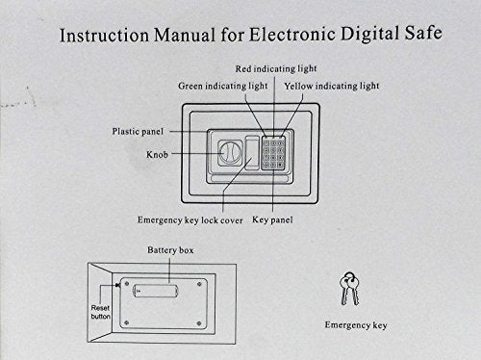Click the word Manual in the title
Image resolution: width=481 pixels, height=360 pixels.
click(x=184, y=35)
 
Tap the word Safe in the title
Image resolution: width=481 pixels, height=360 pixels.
click(x=423, y=33)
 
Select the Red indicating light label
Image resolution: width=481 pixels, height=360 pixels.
click(x=276, y=69)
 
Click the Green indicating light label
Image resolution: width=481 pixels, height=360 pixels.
click(x=223, y=86)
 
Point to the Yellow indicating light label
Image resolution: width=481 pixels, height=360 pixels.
click(x=332, y=86)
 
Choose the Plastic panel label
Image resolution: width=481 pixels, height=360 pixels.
click(x=138, y=132)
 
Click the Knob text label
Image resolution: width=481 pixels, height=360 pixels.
click(x=157, y=155)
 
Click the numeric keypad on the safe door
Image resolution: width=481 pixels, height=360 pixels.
click(x=273, y=153)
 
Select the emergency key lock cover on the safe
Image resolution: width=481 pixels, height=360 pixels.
click(x=252, y=152)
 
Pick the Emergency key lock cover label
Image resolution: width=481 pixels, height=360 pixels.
click(x=190, y=220)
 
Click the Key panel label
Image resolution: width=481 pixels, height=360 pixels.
click(x=272, y=220)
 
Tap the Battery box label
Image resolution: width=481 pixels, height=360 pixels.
click(x=170, y=250)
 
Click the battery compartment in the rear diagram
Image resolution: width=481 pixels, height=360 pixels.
click(x=155, y=291)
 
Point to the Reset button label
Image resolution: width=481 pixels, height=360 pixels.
click(x=100, y=312)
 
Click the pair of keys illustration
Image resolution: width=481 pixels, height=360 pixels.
click(x=349, y=289)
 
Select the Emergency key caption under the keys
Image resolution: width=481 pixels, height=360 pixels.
click(x=356, y=325)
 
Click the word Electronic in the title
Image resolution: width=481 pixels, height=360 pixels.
click(x=292, y=34)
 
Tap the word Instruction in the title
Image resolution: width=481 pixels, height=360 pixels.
click(x=105, y=36)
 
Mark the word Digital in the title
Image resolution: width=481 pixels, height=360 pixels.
click(x=369, y=34)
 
